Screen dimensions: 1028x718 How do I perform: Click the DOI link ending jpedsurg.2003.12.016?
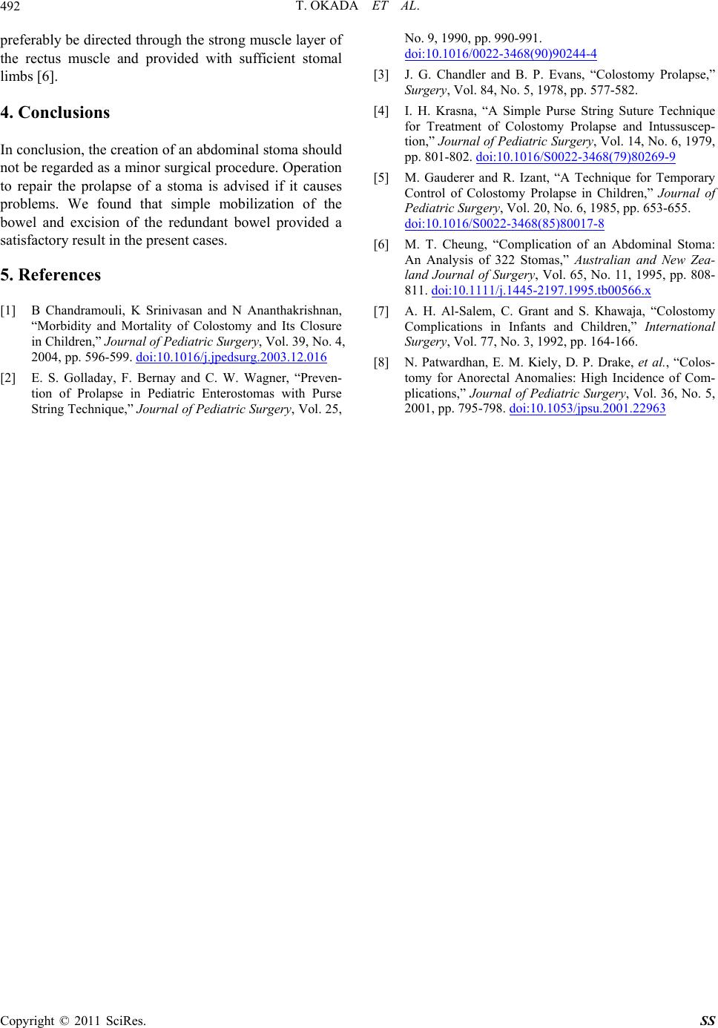[231, 357]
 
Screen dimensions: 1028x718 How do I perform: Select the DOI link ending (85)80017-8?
[504, 223]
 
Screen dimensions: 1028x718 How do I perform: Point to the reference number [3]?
[382, 74]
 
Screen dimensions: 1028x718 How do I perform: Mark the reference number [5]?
[382, 178]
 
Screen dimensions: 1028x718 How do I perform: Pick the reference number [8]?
[382, 363]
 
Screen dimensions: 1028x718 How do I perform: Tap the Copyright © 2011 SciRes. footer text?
[73, 1020]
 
